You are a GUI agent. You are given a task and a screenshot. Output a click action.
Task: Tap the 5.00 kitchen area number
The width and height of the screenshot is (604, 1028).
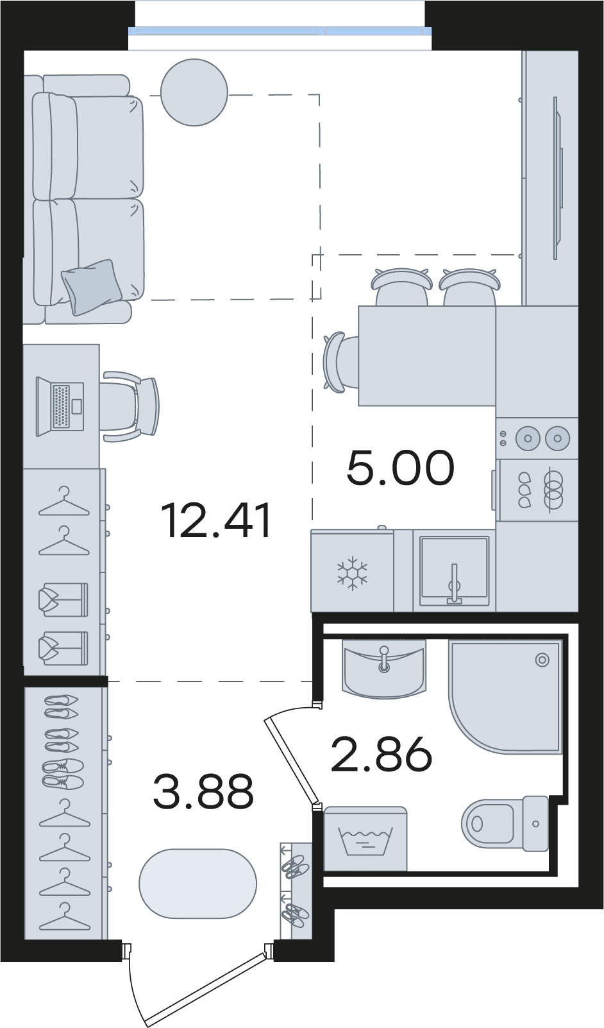click(x=400, y=468)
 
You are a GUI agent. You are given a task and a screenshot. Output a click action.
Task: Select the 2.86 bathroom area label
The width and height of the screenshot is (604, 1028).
click(x=381, y=755)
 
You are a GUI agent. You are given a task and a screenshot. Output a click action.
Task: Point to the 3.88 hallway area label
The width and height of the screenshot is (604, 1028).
click(x=203, y=791)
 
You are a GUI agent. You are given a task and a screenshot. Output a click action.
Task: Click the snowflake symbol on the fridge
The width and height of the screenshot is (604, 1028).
click(x=352, y=573)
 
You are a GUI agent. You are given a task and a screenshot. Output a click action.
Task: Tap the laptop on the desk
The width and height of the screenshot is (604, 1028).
click(x=60, y=407)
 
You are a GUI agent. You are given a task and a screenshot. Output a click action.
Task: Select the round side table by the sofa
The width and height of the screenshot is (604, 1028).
click(x=194, y=92)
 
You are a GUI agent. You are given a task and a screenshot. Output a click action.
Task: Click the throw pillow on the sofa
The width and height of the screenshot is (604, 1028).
click(x=92, y=287)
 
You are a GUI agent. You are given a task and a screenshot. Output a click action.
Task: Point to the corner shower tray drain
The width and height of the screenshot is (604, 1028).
click(x=542, y=660)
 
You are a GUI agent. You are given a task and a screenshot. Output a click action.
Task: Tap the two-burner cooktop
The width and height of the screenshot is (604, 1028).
click(x=537, y=438)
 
